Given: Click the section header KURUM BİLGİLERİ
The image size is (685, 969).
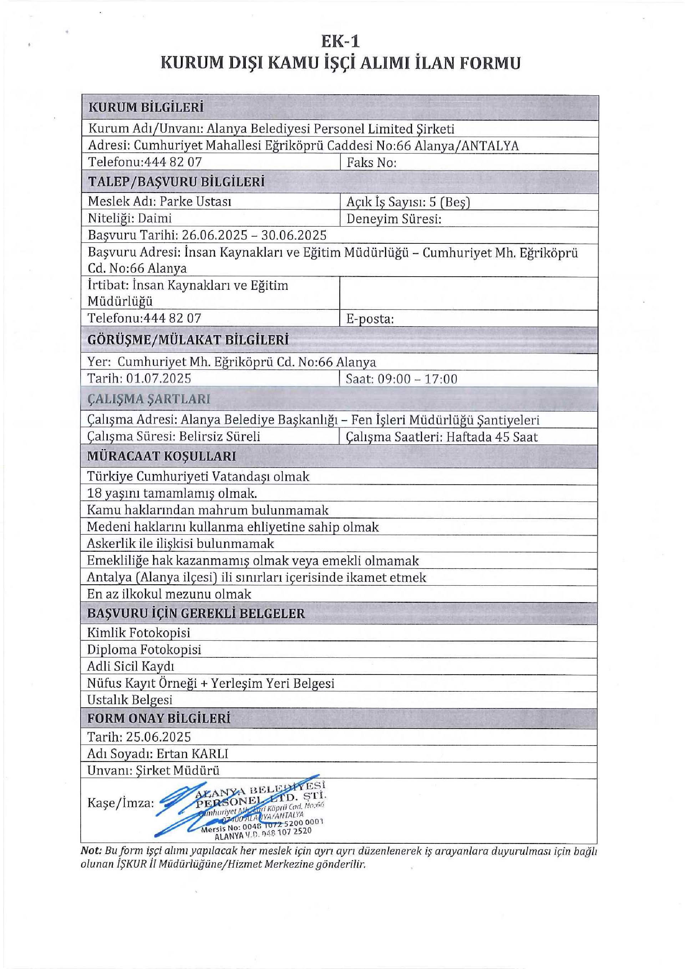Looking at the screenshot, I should (146, 107).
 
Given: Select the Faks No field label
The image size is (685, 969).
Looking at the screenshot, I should (371, 162).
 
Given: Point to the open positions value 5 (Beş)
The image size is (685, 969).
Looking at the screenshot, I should (449, 202).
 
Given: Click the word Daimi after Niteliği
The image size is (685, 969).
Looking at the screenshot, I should (154, 218).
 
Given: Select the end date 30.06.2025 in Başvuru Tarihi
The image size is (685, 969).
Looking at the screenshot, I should (294, 235).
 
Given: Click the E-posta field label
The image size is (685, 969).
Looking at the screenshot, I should (370, 319).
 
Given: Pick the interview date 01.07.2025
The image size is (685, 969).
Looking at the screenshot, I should (159, 378).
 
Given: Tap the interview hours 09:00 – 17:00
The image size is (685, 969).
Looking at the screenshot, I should (417, 379).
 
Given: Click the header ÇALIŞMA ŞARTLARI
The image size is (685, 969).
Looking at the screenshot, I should (148, 399).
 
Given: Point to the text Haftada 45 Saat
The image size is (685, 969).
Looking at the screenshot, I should (491, 437).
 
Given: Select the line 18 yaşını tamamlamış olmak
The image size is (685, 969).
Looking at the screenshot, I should (172, 493).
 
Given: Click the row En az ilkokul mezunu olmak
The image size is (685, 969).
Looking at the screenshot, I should (169, 594).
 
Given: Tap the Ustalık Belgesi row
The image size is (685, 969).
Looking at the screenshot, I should (130, 700).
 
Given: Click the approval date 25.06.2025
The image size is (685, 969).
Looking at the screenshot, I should (158, 737).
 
